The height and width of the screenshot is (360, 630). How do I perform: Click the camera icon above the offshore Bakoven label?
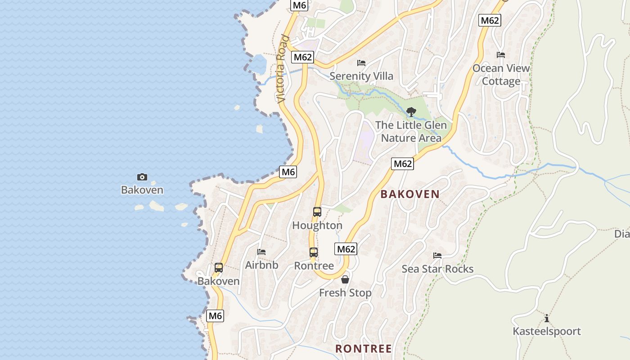click(x=142, y=177)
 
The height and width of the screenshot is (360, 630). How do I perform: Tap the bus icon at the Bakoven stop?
click(x=219, y=268)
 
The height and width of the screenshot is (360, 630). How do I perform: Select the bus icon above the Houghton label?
click(x=317, y=212)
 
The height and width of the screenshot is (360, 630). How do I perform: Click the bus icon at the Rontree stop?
click(x=314, y=252)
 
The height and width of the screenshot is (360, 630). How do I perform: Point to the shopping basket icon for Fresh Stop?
click(x=345, y=279)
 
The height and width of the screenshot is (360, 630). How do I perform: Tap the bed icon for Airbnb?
click(x=261, y=252)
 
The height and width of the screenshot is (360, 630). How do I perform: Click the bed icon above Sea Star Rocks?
click(x=437, y=256)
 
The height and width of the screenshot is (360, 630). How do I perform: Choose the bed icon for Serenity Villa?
click(x=361, y=63)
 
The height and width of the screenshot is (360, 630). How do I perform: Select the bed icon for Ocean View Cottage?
click(x=501, y=55)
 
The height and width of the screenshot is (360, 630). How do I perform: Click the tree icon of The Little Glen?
click(x=411, y=112)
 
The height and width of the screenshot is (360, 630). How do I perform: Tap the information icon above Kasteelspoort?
click(x=547, y=319)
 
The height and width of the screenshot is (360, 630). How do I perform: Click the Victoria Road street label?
click(x=282, y=69)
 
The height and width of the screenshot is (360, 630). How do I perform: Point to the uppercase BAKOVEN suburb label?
click(x=410, y=194)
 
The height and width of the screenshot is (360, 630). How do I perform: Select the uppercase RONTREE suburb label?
click(x=364, y=349)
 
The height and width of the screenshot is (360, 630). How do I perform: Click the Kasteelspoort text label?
click(x=547, y=332)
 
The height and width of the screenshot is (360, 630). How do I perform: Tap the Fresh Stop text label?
click(x=345, y=293)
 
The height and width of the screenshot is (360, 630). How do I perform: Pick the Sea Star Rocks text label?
click(x=437, y=269)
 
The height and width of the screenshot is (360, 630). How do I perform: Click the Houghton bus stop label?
click(x=317, y=225)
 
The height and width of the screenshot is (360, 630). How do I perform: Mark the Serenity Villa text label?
click(x=361, y=76)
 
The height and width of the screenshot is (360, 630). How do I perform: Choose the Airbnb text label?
click(x=261, y=265)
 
